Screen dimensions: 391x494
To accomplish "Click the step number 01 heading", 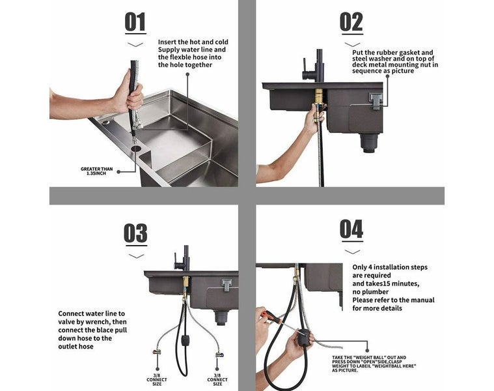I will pyautogui.click(x=135, y=23).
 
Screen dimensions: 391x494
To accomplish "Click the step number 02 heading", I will pyautogui.click(x=351, y=23).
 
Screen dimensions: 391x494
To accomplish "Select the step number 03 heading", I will pyautogui.click(x=135, y=233).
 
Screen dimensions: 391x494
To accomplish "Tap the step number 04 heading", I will pyautogui.click(x=351, y=229).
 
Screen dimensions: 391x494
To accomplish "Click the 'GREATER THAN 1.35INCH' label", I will pyautogui.click(x=96, y=171).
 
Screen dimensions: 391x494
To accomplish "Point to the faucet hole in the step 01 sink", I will pyautogui.click(x=136, y=149).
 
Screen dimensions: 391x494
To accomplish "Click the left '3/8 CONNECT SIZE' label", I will pyautogui.click(x=156, y=379).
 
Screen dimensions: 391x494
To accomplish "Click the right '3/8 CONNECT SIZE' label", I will pyautogui.click(x=217, y=379).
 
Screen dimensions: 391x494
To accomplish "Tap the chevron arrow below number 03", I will pyautogui.click(x=135, y=256).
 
